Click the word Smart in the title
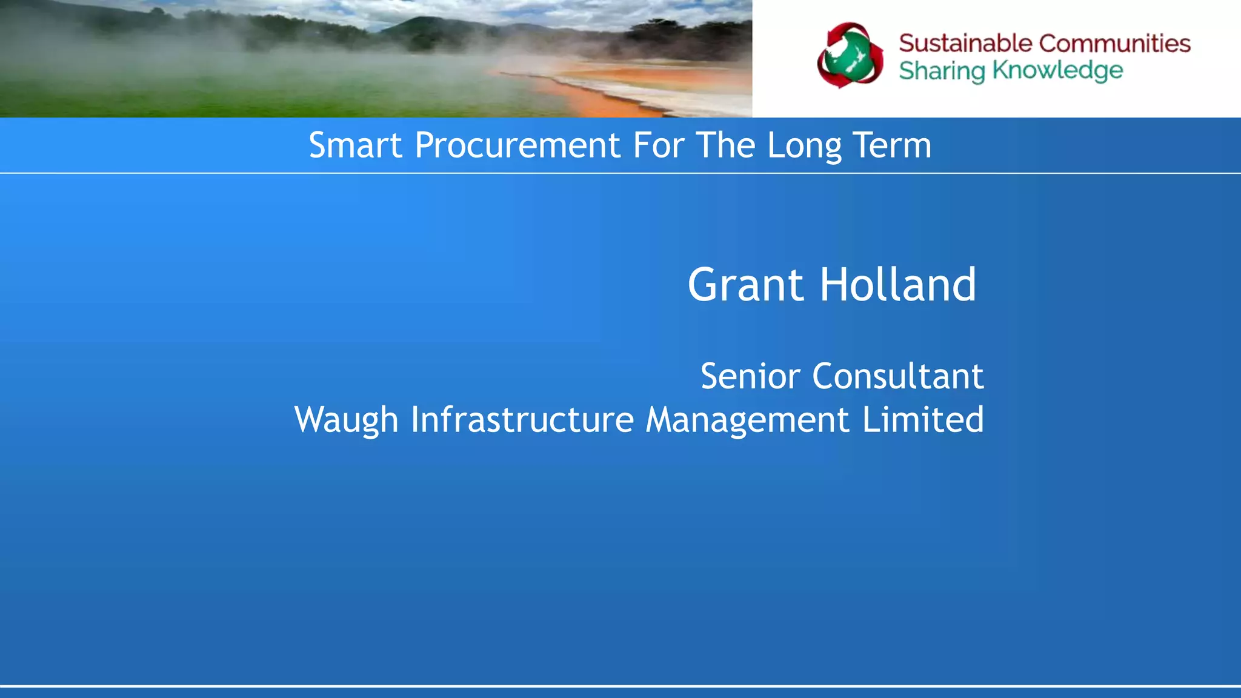(355, 145)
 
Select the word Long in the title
(804, 147)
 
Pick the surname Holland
(898, 285)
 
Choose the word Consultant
(897, 376)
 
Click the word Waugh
(346, 420)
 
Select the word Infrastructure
(522, 420)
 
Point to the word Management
(747, 420)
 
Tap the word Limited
(922, 420)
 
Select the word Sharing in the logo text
(942, 71)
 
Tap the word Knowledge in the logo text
(1057, 71)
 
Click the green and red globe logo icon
(850, 56)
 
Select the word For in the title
(658, 145)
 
